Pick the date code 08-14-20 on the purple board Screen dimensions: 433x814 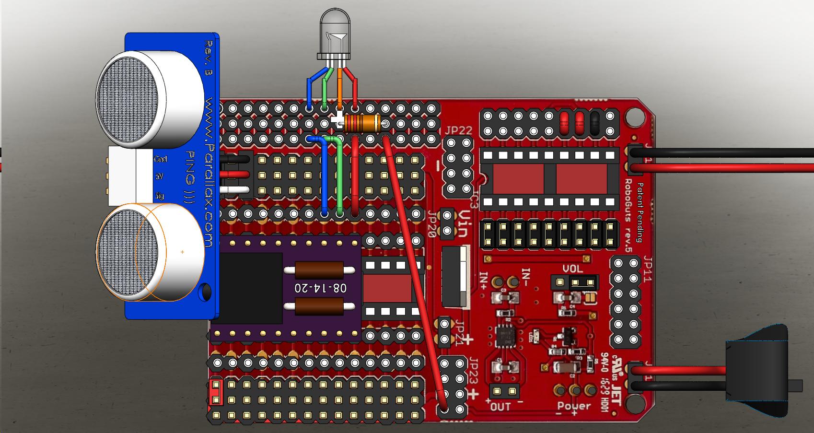click(x=321, y=288)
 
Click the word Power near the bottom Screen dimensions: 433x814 click(x=574, y=407)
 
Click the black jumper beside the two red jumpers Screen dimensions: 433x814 click(x=595, y=123)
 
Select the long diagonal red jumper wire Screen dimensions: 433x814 click(x=415, y=273)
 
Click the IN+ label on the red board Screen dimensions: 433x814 click(x=484, y=279)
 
